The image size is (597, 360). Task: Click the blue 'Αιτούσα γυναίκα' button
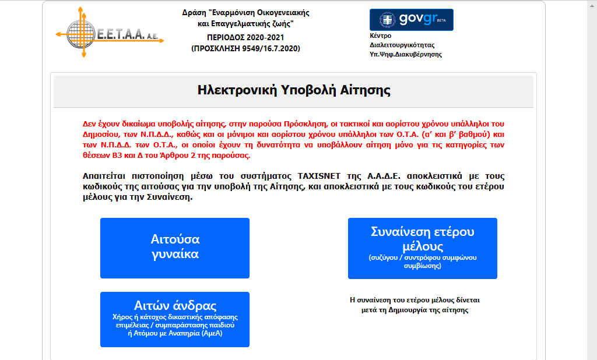click(x=175, y=248)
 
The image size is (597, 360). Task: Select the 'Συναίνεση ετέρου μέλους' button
click(x=422, y=248)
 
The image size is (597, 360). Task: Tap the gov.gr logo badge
click(x=411, y=19)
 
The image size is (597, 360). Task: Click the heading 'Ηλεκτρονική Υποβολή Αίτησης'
click(x=293, y=90)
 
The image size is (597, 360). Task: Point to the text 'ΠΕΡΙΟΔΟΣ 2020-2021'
click(x=245, y=37)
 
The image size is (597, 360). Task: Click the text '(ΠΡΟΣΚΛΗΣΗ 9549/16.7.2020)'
click(x=245, y=48)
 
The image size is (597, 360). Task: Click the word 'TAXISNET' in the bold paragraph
click(x=323, y=176)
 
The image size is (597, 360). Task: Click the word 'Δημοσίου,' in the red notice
click(x=103, y=135)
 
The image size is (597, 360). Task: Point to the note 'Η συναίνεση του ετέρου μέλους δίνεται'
click(x=415, y=300)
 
